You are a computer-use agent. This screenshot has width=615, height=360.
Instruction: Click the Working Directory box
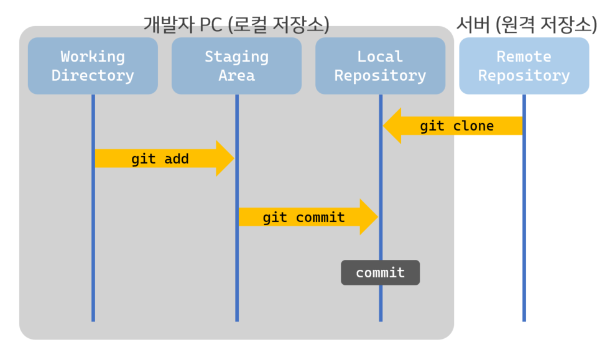point(93,66)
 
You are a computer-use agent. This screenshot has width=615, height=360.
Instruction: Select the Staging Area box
point(236,66)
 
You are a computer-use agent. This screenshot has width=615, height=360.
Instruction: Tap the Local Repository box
point(381,66)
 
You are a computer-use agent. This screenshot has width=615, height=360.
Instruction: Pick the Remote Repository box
point(524,66)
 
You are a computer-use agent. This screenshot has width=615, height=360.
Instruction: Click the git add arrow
point(165,159)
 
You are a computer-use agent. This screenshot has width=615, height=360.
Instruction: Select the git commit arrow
point(308,217)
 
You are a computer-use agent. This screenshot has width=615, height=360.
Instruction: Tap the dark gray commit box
point(381,272)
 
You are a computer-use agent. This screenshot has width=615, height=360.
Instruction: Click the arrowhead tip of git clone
point(383,126)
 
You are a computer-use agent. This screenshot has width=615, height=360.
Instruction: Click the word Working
point(93,57)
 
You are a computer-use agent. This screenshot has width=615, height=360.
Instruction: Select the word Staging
point(237,57)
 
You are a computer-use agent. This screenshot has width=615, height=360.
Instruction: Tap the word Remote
point(524,57)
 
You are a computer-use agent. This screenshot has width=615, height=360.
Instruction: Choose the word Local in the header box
point(380,57)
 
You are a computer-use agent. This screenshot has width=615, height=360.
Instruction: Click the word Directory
point(93,76)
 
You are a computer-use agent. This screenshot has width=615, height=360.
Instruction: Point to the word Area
point(236,75)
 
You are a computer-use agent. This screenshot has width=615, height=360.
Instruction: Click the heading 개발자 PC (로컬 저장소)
point(236,24)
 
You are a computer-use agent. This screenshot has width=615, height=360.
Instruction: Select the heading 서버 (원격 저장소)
point(527,24)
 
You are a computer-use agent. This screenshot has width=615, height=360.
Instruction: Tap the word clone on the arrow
point(473,126)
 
